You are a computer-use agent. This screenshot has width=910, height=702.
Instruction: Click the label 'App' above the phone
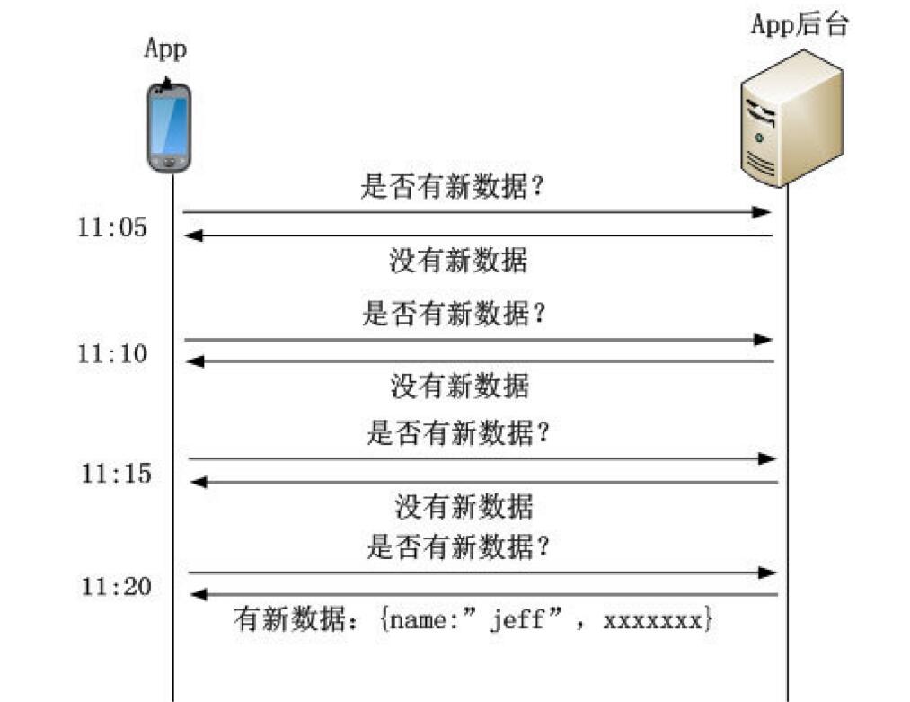click(166, 49)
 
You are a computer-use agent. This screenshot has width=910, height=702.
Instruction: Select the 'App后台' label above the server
click(800, 24)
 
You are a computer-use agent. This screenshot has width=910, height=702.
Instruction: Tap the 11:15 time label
click(116, 473)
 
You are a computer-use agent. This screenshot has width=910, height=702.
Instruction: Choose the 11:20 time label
click(116, 587)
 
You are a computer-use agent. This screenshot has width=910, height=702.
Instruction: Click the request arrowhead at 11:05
click(764, 212)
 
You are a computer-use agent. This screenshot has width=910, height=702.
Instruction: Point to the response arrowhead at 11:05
click(193, 235)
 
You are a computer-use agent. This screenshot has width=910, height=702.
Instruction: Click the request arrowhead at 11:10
click(764, 340)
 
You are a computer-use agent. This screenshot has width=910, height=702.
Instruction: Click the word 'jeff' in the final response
click(517, 620)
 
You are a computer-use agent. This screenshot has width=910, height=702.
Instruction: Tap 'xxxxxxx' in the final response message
click(654, 620)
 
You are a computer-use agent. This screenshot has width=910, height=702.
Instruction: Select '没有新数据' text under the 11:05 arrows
click(458, 261)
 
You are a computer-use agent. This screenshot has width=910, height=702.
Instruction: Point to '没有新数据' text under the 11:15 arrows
click(464, 507)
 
